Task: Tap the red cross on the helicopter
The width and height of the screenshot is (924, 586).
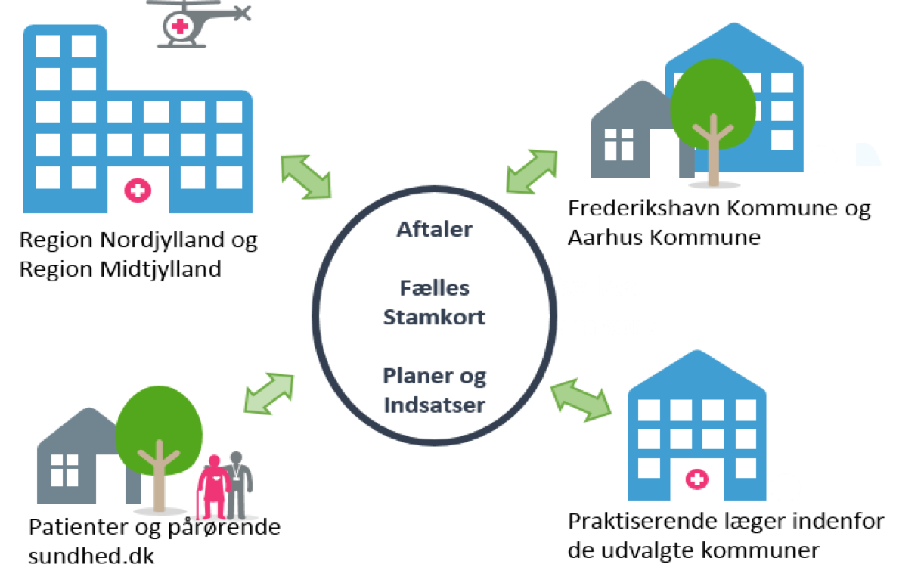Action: (179, 26)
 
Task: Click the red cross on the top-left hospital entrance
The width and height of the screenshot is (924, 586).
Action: (137, 190)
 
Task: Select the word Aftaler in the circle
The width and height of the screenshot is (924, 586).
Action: (434, 229)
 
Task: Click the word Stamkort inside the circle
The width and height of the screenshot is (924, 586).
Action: (434, 317)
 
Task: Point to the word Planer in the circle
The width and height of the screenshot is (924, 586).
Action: (413, 376)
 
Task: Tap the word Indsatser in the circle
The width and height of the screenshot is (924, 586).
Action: (434, 405)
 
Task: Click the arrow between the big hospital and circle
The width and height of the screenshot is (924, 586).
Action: (305, 177)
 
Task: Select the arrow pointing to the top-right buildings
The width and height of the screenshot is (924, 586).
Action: (532, 170)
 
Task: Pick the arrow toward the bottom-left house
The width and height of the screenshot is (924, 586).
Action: (269, 393)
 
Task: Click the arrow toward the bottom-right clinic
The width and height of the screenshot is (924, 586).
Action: (580, 400)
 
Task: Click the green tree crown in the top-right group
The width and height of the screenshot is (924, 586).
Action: (712, 102)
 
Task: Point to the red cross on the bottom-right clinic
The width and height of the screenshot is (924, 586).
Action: (696, 479)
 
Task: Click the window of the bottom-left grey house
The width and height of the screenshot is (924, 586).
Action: (64, 470)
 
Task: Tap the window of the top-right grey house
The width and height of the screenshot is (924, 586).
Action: (619, 144)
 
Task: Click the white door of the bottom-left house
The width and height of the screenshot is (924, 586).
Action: (110, 479)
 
